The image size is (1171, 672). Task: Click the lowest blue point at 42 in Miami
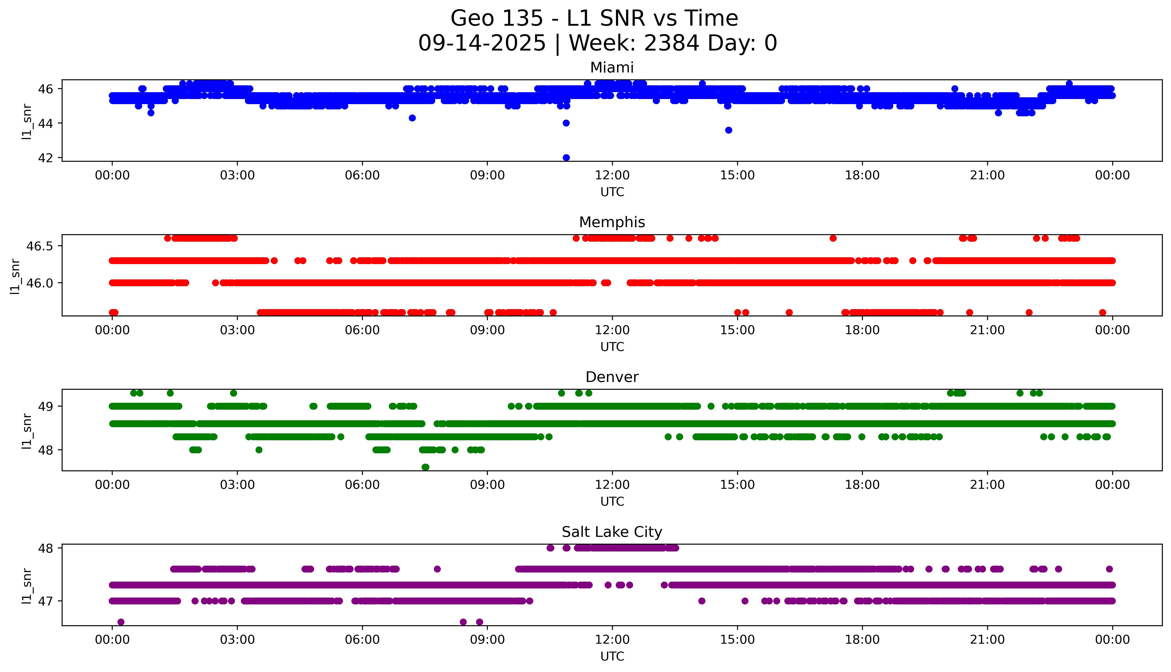(x=566, y=157)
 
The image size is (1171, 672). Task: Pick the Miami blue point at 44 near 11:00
(x=566, y=123)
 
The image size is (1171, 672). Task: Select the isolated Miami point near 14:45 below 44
(x=728, y=130)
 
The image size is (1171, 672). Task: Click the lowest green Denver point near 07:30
(x=425, y=467)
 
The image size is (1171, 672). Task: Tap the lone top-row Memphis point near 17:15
(x=833, y=238)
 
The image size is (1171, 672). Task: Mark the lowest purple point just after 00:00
(x=121, y=622)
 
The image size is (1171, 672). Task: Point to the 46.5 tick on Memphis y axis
(x=40, y=246)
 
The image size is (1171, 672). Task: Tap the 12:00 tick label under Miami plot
(x=612, y=175)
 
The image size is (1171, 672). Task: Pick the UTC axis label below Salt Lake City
(x=612, y=656)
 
